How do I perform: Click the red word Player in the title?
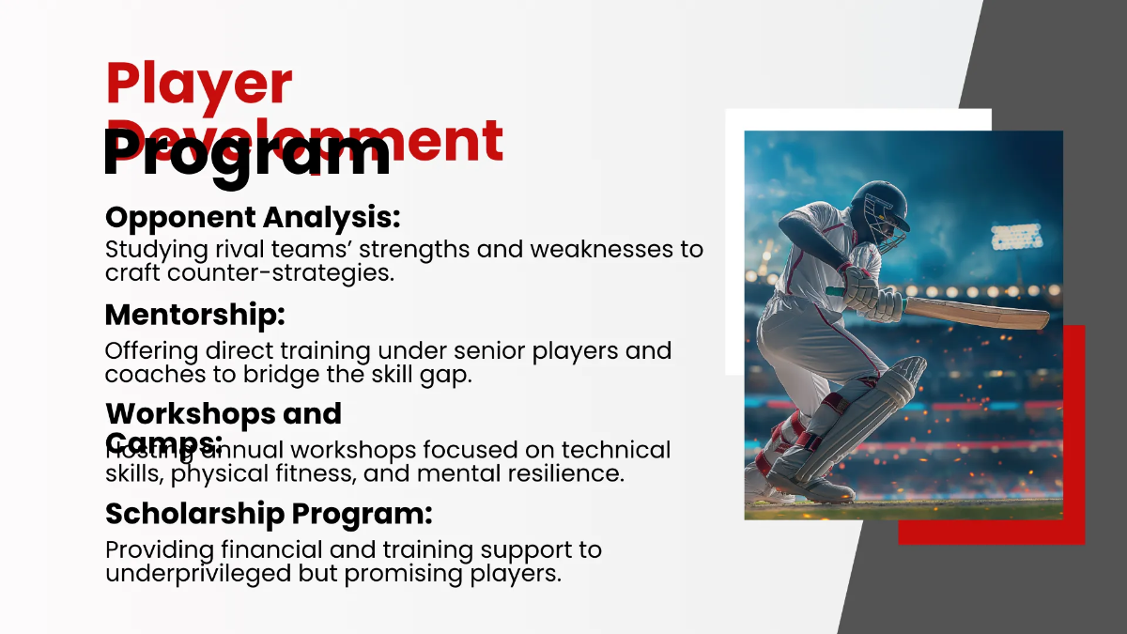(199, 85)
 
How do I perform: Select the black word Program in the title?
(246, 153)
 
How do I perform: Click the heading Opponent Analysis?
(253, 217)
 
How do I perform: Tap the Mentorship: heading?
(194, 315)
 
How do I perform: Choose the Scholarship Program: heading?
(269, 514)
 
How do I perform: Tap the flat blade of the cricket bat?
(977, 313)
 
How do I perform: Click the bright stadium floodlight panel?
(1016, 237)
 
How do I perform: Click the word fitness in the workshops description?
(311, 473)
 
